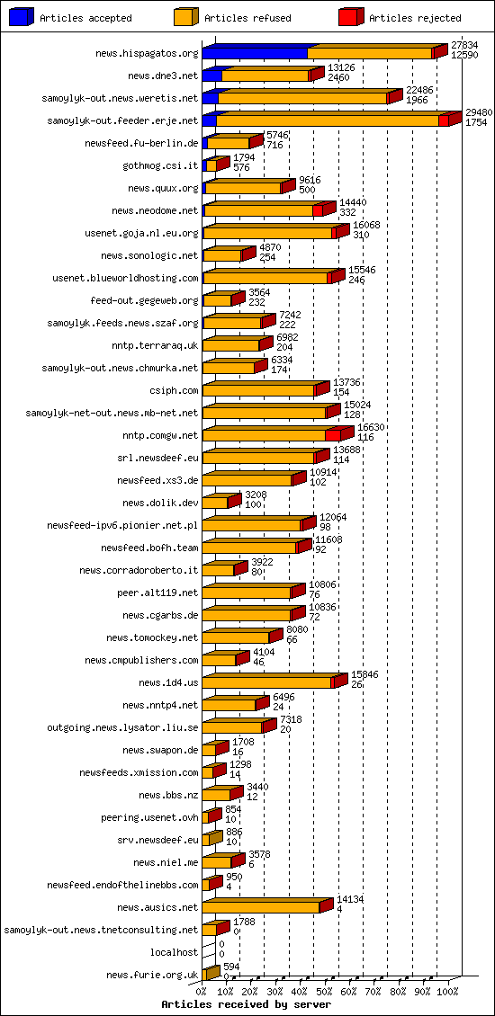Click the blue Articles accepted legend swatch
[x=22, y=17]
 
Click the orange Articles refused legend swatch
[x=185, y=17]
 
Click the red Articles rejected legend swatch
[x=350, y=17]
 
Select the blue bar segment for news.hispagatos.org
[x=255, y=54]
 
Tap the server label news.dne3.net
[x=163, y=76]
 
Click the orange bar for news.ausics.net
[x=261, y=908]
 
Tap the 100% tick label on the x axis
[x=447, y=991]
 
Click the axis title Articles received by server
[x=246, y=1003]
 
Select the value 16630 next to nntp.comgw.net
[x=372, y=428]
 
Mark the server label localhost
[x=174, y=952]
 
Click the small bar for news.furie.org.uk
[x=211, y=974]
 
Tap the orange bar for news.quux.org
[x=243, y=189]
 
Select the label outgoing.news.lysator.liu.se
[x=122, y=727]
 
